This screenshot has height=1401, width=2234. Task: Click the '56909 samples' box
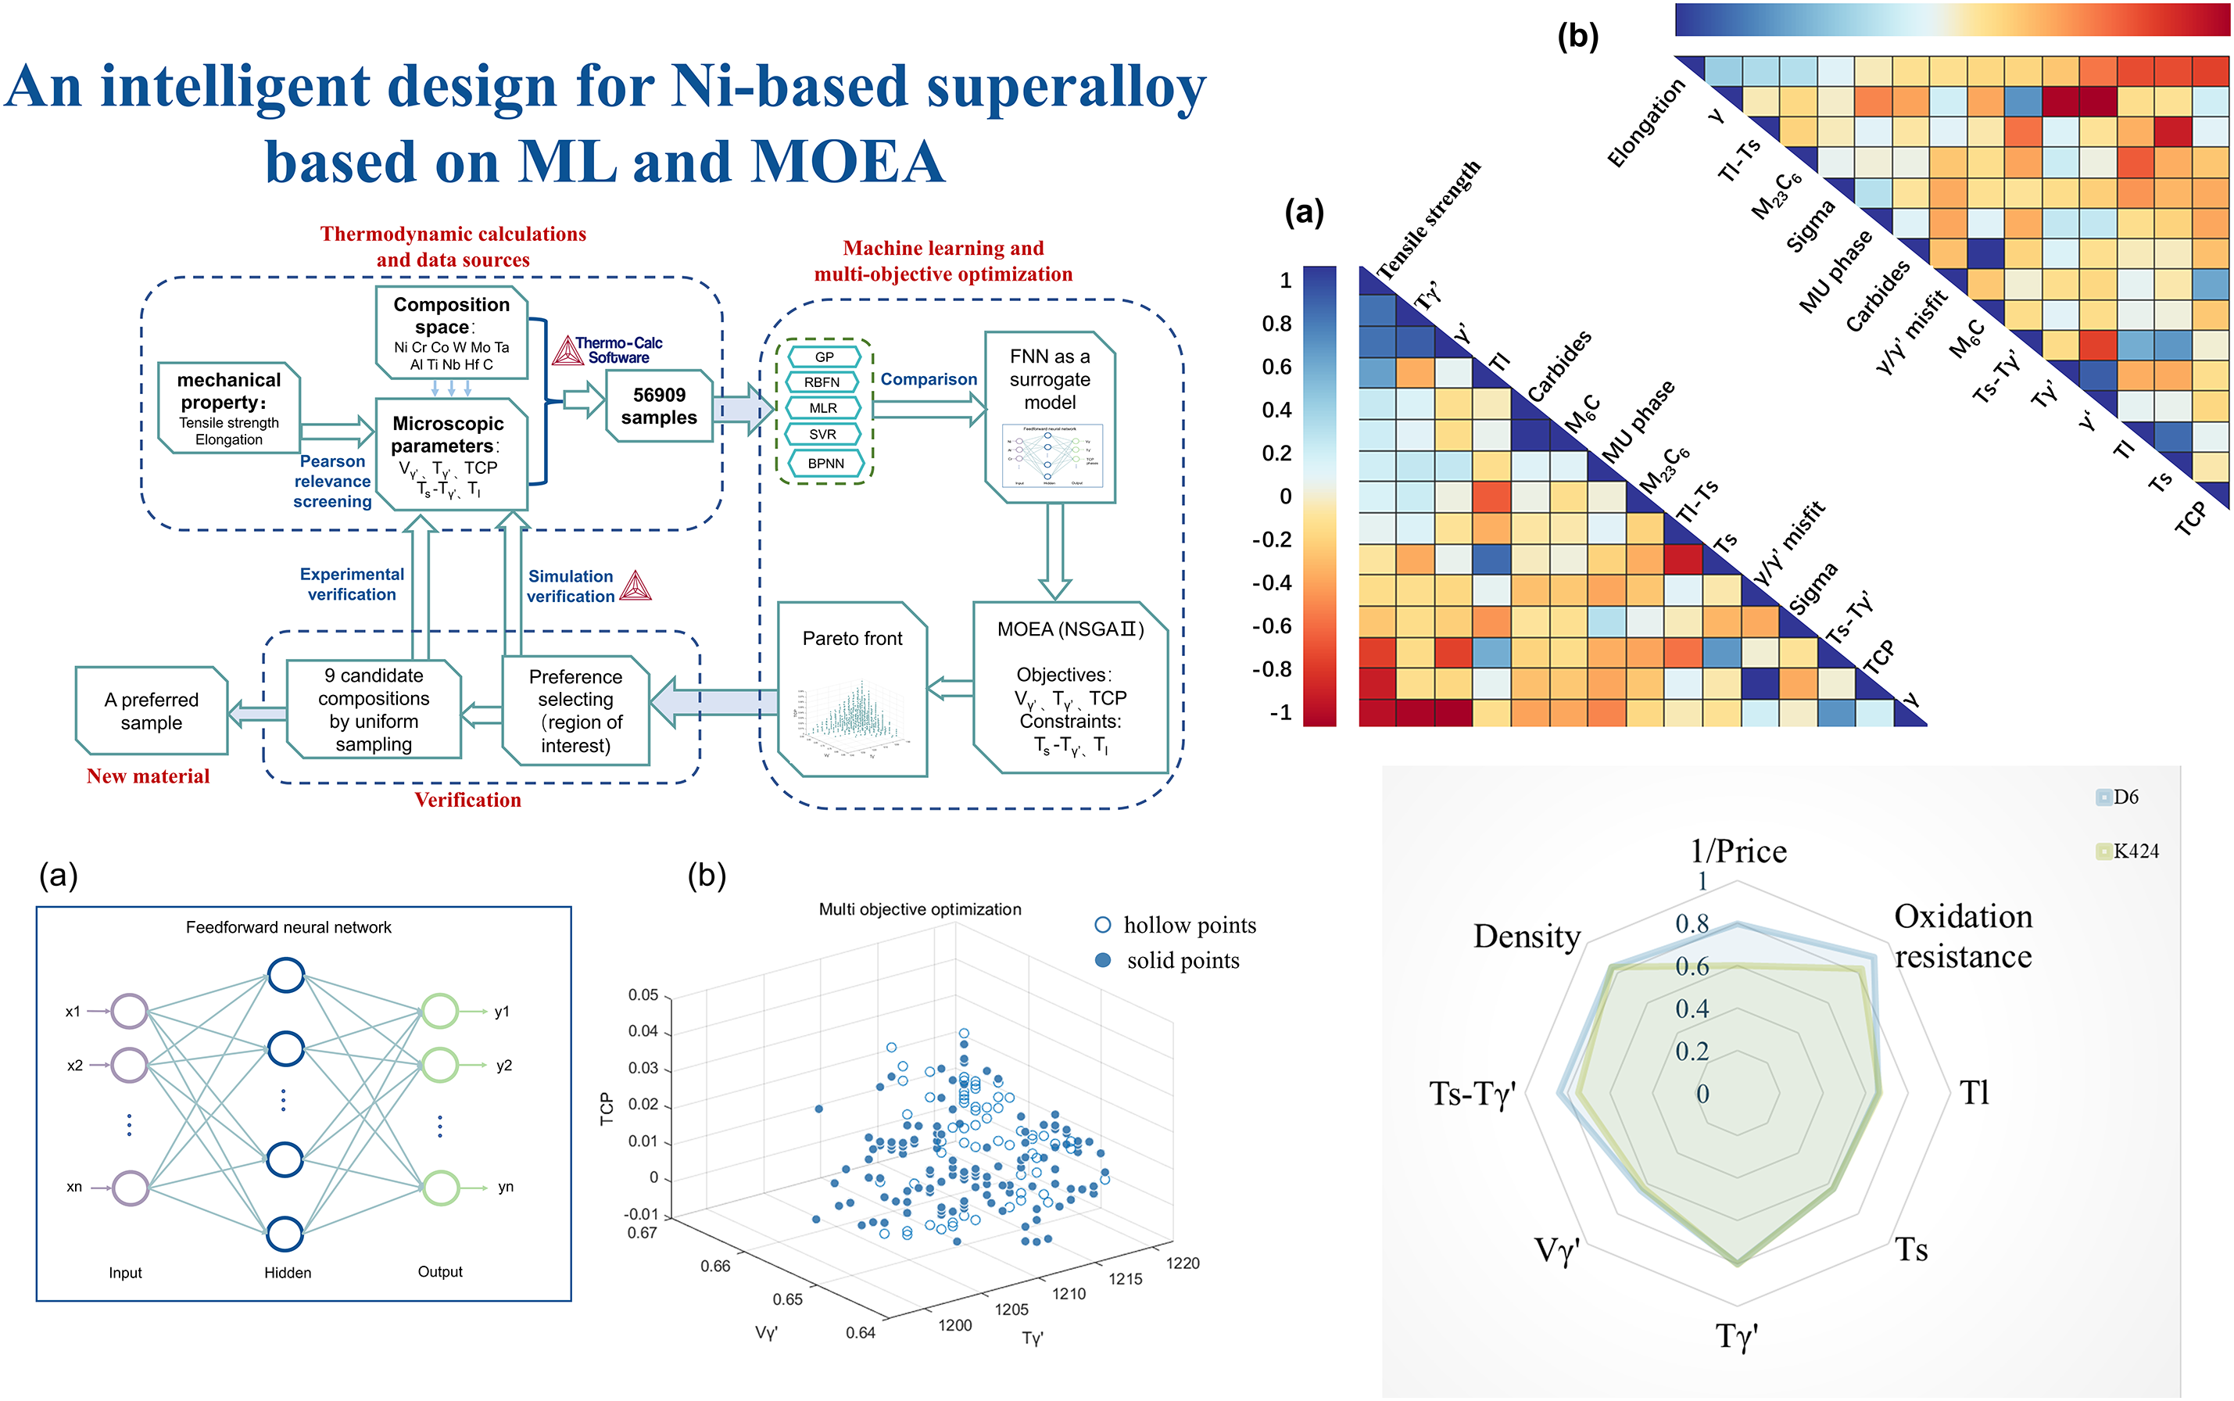(x=658, y=406)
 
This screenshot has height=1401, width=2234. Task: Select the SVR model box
(x=822, y=434)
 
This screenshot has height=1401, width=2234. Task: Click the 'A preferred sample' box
(x=152, y=711)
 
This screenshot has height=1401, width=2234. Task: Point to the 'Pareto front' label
(x=852, y=639)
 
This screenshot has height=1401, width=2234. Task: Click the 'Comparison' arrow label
(x=928, y=379)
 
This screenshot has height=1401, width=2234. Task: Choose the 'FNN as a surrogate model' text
(x=1050, y=379)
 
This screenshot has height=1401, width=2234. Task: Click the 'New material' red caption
(x=149, y=776)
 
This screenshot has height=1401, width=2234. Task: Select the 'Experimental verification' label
(x=352, y=585)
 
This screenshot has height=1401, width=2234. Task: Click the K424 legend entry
(x=2128, y=851)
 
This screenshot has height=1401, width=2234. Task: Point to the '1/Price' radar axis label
(x=1738, y=851)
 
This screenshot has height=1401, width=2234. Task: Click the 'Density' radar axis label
(x=1527, y=937)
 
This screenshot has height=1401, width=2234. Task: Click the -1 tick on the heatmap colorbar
(x=1280, y=712)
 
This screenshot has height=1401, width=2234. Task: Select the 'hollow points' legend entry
(x=1176, y=925)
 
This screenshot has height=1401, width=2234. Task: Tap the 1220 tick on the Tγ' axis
(x=1183, y=1263)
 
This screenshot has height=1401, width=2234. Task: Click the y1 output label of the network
(x=502, y=1011)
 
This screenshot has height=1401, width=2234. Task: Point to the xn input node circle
(x=131, y=1188)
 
